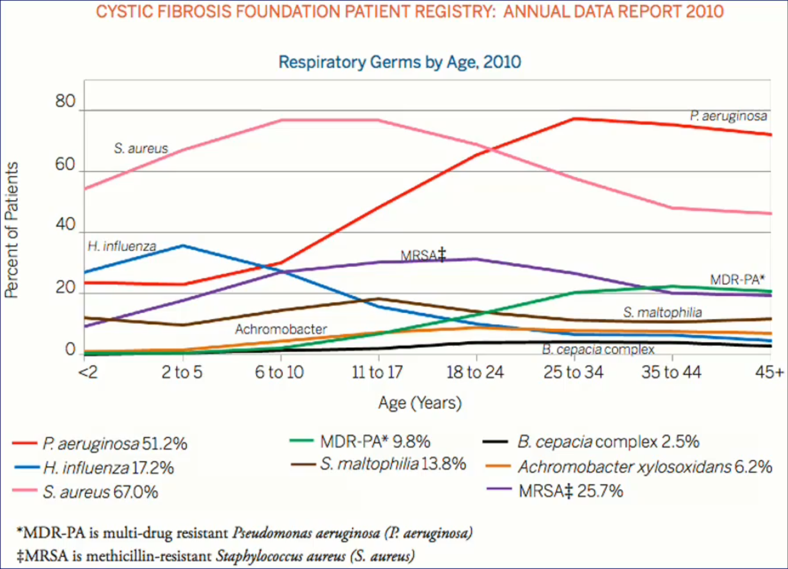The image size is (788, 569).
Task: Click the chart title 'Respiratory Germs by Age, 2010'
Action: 399,62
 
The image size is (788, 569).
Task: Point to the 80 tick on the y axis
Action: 66,102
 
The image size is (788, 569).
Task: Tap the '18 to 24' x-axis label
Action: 474,372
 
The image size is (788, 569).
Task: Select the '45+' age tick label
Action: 769,372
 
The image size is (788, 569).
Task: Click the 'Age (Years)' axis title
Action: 420,403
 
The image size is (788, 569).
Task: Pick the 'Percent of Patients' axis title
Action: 12,229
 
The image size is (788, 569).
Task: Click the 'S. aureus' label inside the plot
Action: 141,148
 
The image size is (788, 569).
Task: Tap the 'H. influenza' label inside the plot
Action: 122,246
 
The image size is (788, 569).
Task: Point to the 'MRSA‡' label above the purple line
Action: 422,256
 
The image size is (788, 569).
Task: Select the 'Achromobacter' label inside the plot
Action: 281,329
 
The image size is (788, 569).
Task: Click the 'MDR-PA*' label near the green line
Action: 737,280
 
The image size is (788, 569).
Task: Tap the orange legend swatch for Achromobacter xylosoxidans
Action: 498,467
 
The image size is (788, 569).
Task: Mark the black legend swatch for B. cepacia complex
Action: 495,442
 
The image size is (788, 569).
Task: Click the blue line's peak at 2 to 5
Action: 183,245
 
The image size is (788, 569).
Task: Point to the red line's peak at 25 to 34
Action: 574,119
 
